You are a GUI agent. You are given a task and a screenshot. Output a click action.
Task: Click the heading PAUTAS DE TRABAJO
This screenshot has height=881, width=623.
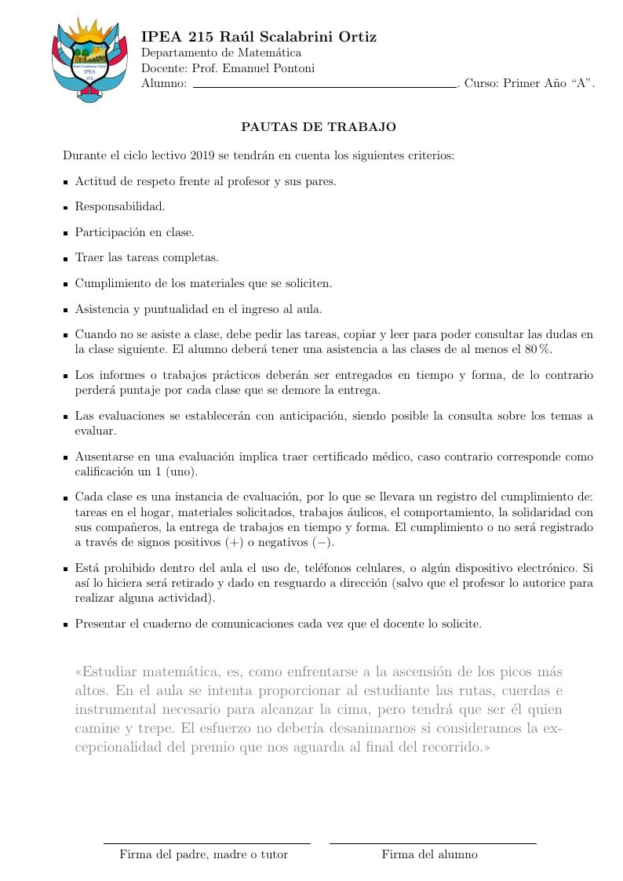point(319,126)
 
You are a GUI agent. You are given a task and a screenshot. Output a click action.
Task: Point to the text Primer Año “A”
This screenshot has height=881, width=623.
point(548,83)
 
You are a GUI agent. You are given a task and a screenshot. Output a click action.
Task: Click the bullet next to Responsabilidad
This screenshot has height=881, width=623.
point(66,208)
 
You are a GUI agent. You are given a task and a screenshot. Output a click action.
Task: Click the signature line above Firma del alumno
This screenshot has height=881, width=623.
point(432,843)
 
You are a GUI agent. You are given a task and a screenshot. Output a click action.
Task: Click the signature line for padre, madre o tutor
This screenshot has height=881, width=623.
point(207,843)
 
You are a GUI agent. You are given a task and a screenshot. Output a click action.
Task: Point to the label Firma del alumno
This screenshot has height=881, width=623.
point(429,854)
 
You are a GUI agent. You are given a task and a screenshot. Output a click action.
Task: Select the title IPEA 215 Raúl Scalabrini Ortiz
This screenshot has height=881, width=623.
point(258,37)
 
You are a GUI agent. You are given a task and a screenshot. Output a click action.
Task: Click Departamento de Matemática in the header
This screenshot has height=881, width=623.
point(220,53)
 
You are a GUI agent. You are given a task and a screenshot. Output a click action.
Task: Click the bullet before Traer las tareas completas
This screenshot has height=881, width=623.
point(66,258)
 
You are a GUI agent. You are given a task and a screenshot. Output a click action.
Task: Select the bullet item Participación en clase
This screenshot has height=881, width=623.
point(134,232)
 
